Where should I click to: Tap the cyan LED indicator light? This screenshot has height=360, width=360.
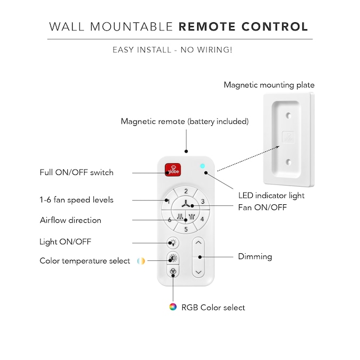point(202,165)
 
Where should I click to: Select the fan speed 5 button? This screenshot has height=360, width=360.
point(186,229)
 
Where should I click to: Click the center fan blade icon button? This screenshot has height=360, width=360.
point(186,204)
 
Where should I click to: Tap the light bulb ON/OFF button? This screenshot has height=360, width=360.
point(173,243)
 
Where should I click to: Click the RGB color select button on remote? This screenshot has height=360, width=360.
point(173,271)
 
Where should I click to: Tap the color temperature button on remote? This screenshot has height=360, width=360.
point(173,259)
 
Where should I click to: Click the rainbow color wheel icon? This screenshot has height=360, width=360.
point(172,307)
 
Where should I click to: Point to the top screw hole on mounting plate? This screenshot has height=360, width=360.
point(287,115)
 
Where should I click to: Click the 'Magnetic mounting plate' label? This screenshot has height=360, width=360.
point(269,85)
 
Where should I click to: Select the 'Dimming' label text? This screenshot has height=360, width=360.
point(254,257)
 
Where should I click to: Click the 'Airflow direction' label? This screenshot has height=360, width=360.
point(70,220)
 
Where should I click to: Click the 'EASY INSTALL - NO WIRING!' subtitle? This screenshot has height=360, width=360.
point(172,50)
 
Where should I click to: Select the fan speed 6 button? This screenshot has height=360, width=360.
point(170,219)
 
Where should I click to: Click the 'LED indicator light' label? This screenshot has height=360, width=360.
point(271,195)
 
